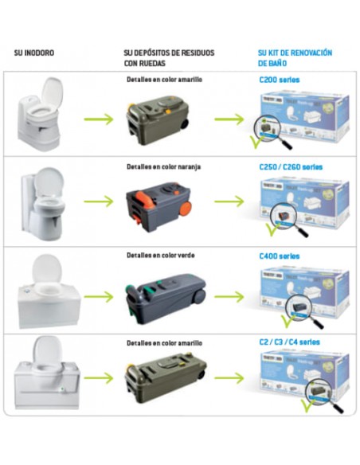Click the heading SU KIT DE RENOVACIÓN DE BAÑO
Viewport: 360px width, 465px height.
tap(294, 58)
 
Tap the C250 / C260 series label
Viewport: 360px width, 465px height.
tap(291, 167)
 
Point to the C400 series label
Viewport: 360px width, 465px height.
tap(280, 256)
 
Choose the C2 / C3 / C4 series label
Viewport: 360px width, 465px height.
tap(288, 342)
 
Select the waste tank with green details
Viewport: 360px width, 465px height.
tap(162, 292)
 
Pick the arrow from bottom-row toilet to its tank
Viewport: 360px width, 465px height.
tap(98, 377)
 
